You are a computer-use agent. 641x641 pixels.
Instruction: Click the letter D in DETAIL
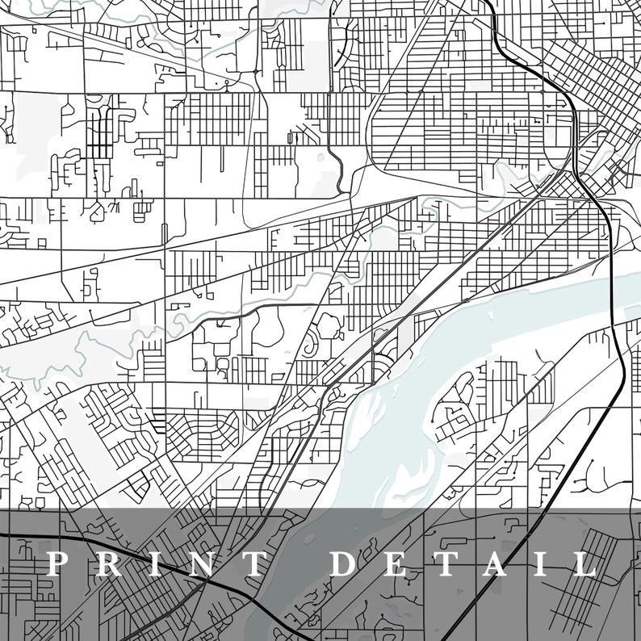point(346,563)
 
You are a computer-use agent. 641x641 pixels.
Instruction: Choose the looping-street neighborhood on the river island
point(456,412)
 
